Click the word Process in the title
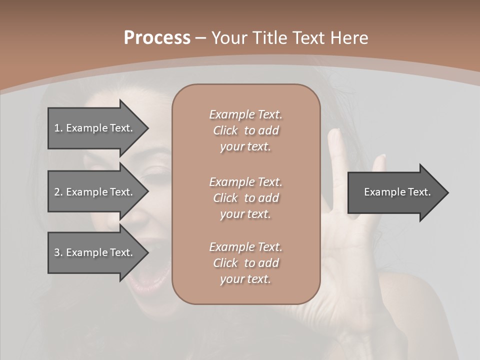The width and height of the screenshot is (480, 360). pyautogui.click(x=157, y=38)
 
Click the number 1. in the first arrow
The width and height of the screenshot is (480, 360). pyautogui.click(x=58, y=128)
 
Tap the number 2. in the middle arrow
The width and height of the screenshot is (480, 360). pyautogui.click(x=58, y=192)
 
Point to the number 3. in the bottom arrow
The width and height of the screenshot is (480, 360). pyautogui.click(x=58, y=252)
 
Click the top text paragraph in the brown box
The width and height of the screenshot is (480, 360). pyautogui.click(x=245, y=130)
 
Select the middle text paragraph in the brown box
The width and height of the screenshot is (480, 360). pyautogui.click(x=245, y=198)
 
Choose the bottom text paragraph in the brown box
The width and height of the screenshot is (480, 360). pyautogui.click(x=245, y=263)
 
